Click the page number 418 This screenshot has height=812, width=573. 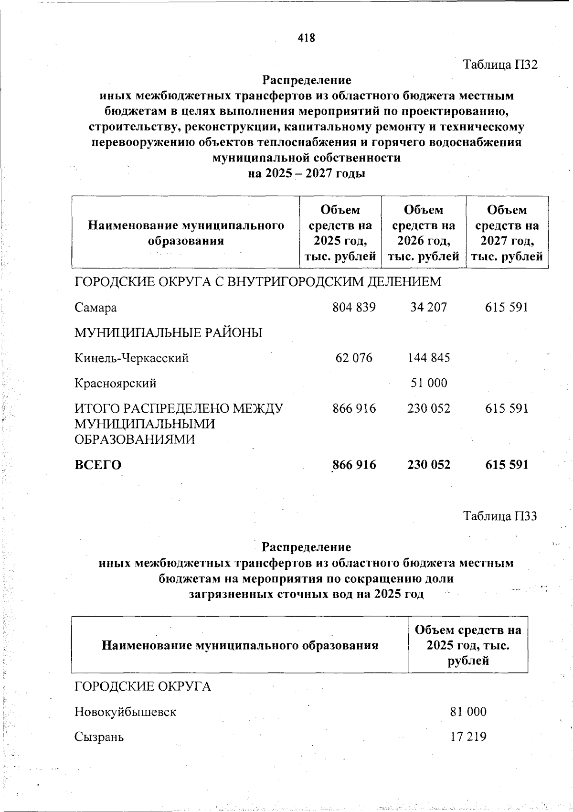point(306,38)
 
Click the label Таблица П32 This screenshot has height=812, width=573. point(500,64)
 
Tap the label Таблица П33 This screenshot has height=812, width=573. point(500,516)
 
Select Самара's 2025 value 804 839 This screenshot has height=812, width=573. point(354,307)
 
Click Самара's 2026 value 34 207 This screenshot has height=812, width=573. point(428,307)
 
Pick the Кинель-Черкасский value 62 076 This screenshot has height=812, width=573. point(354,358)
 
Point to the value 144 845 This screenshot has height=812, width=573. point(428,358)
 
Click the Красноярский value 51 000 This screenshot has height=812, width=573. point(429,383)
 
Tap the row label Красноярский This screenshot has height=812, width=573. point(115,384)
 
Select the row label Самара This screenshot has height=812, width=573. point(95,308)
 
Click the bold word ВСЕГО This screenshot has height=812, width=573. point(98,465)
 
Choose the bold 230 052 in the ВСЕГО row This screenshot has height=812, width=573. point(428,465)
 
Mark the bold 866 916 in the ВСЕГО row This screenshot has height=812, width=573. point(354,465)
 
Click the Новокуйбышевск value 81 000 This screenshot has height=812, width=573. point(468,712)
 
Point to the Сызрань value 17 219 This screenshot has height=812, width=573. point(468,737)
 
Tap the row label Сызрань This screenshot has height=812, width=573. point(99,737)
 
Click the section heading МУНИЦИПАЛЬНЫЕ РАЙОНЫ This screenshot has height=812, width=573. point(168,333)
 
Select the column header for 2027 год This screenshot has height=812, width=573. point(507,233)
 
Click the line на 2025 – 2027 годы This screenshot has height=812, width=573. point(306,173)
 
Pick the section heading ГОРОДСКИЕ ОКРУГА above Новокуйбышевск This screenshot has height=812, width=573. point(142,687)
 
